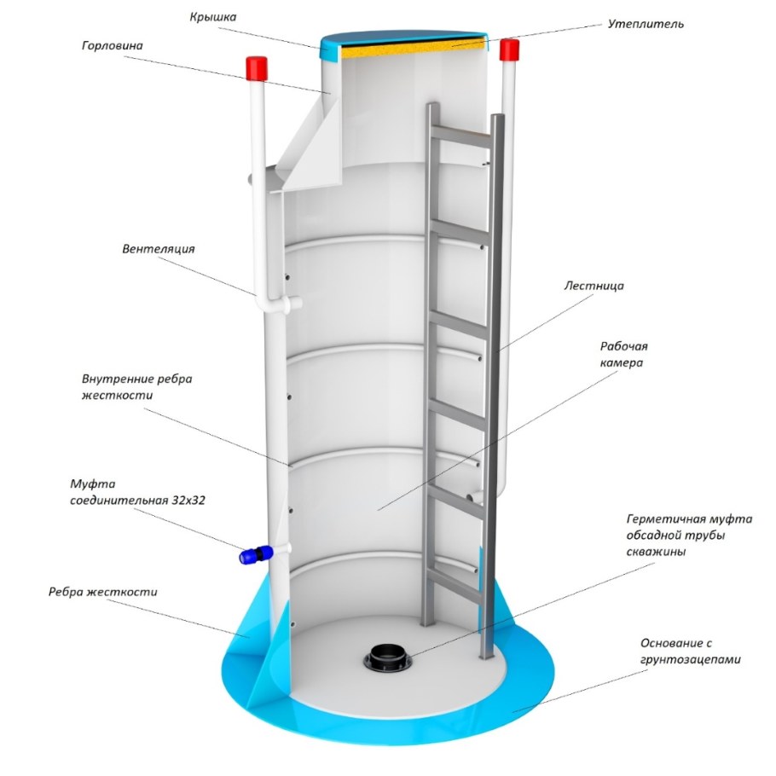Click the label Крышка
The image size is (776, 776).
213,17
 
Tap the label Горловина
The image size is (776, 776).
113,46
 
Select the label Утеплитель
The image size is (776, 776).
646,24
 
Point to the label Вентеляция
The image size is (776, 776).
159,248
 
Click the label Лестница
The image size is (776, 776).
594,286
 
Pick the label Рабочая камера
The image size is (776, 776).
623,355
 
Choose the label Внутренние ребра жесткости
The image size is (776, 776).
136,387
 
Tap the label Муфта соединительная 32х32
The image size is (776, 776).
137,492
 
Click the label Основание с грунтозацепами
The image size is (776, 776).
691,651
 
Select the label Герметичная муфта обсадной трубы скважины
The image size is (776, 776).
689,535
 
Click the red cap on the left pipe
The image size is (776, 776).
257,69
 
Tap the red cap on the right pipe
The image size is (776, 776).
509,50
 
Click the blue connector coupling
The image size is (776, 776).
256,555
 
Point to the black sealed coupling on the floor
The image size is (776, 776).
386,657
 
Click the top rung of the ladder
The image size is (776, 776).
461,136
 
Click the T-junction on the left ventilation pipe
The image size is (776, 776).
278,304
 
